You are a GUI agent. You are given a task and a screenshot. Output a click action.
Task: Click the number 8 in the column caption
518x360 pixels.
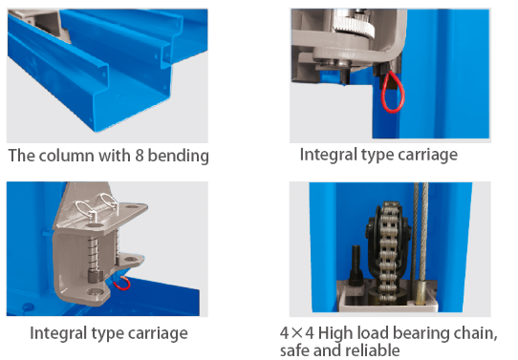pos(140,155)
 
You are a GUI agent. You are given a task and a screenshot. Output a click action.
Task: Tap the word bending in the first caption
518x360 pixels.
pos(178,156)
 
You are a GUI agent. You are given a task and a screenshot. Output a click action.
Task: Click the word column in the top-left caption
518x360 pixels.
pos(66,155)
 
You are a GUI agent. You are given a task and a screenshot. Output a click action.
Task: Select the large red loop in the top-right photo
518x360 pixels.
pos(393,93)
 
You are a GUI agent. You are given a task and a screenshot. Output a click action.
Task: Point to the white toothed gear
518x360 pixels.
pos(354,22)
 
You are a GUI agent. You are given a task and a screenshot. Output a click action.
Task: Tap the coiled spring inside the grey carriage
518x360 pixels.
pos(93,252)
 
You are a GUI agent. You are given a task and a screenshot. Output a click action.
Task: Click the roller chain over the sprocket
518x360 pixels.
pos(388,252)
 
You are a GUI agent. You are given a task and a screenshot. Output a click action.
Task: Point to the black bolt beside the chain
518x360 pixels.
pos(356,265)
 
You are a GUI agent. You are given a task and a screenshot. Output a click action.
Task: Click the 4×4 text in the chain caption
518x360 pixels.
pos(296,333)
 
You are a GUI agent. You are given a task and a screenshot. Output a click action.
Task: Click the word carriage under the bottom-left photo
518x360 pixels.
pos(158,333)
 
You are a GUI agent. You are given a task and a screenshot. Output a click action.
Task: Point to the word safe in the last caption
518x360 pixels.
pos(294,350)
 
